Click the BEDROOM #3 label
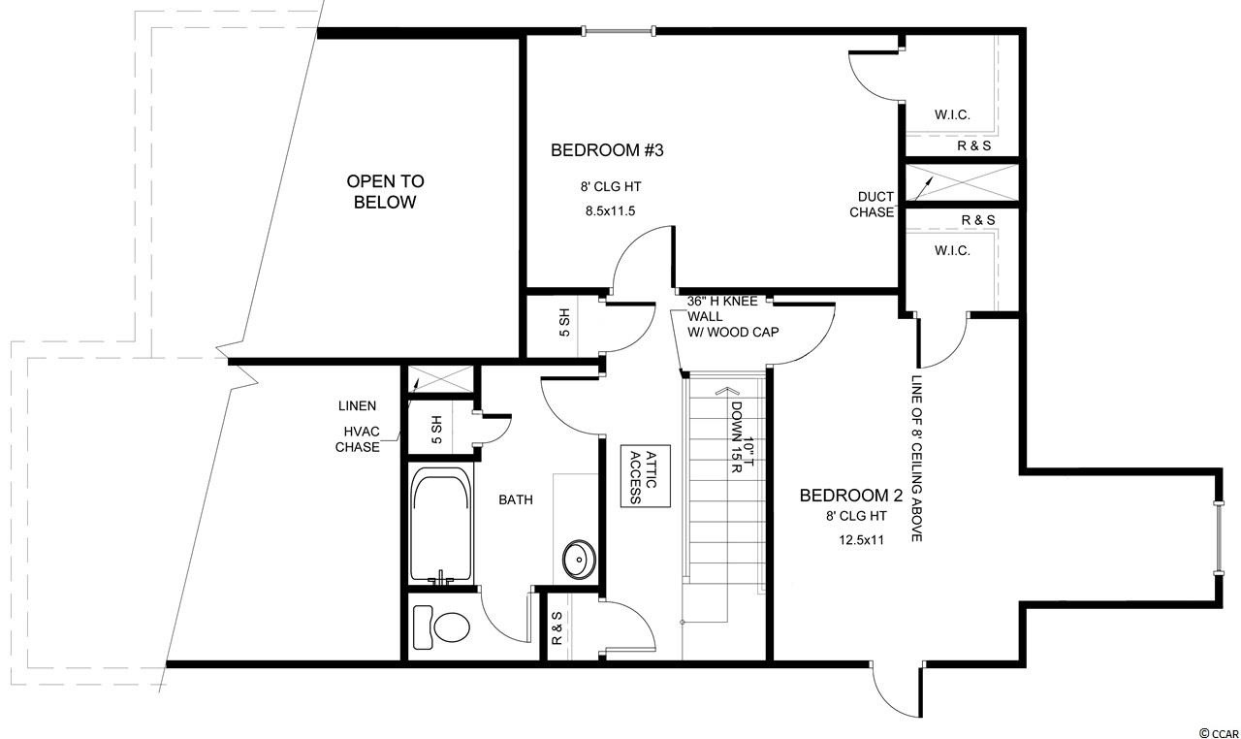click(607, 150)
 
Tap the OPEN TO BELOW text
click(385, 192)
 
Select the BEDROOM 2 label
click(851, 496)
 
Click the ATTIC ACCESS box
click(645, 476)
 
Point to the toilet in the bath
click(441, 627)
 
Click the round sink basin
click(579, 559)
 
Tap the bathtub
click(441, 524)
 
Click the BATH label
click(515, 499)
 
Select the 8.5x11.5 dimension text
click(610, 211)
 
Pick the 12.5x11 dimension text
click(861, 540)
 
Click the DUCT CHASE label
click(872, 205)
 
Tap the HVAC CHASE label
click(358, 439)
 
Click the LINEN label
click(358, 406)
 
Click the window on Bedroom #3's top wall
click(619, 31)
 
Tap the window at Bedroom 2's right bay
click(1218, 538)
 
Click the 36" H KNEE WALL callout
click(733, 317)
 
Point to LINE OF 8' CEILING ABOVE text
click(916, 459)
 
